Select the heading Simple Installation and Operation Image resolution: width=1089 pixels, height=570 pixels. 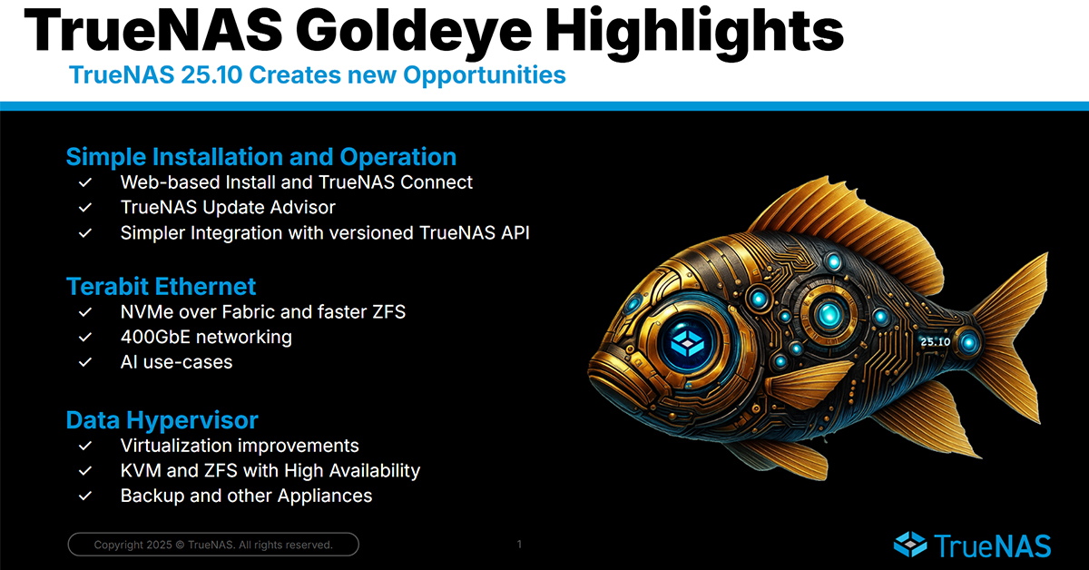[260, 156]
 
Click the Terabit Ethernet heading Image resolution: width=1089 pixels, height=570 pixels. [161, 287]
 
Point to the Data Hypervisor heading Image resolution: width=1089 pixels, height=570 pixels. [162, 420]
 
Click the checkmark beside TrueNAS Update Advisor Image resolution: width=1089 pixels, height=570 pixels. [85, 208]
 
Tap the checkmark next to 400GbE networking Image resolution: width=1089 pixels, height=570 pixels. [85, 338]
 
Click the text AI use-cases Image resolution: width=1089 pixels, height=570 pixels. [176, 362]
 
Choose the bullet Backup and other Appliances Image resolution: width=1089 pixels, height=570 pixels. [246, 496]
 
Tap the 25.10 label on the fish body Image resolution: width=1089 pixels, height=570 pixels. [934, 342]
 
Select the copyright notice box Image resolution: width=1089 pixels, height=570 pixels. [213, 545]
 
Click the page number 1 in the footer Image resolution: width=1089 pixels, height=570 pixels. [519, 545]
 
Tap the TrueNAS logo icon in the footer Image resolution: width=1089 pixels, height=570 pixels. [910, 544]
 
